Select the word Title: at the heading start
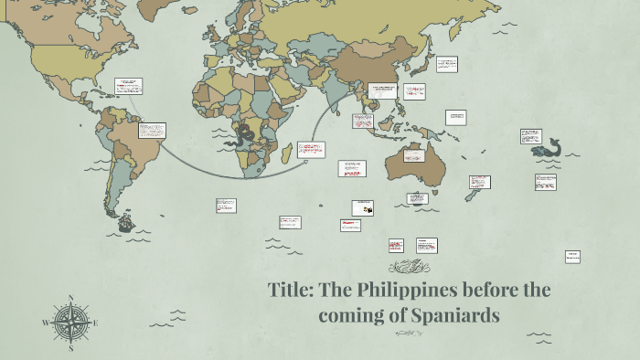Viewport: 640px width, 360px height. (293, 291)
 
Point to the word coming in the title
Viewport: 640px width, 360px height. (351, 316)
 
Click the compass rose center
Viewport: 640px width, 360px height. (70, 323)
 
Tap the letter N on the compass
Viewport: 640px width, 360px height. (70, 298)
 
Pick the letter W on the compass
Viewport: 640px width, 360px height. (45, 323)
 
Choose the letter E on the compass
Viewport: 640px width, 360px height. (95, 323)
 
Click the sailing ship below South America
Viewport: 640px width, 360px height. (123, 220)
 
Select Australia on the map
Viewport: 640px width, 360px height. (411, 164)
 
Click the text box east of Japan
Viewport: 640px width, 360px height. (446, 64)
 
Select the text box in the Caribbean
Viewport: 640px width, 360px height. (128, 86)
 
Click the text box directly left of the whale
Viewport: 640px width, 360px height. (530, 135)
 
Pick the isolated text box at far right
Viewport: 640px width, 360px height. (572, 257)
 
